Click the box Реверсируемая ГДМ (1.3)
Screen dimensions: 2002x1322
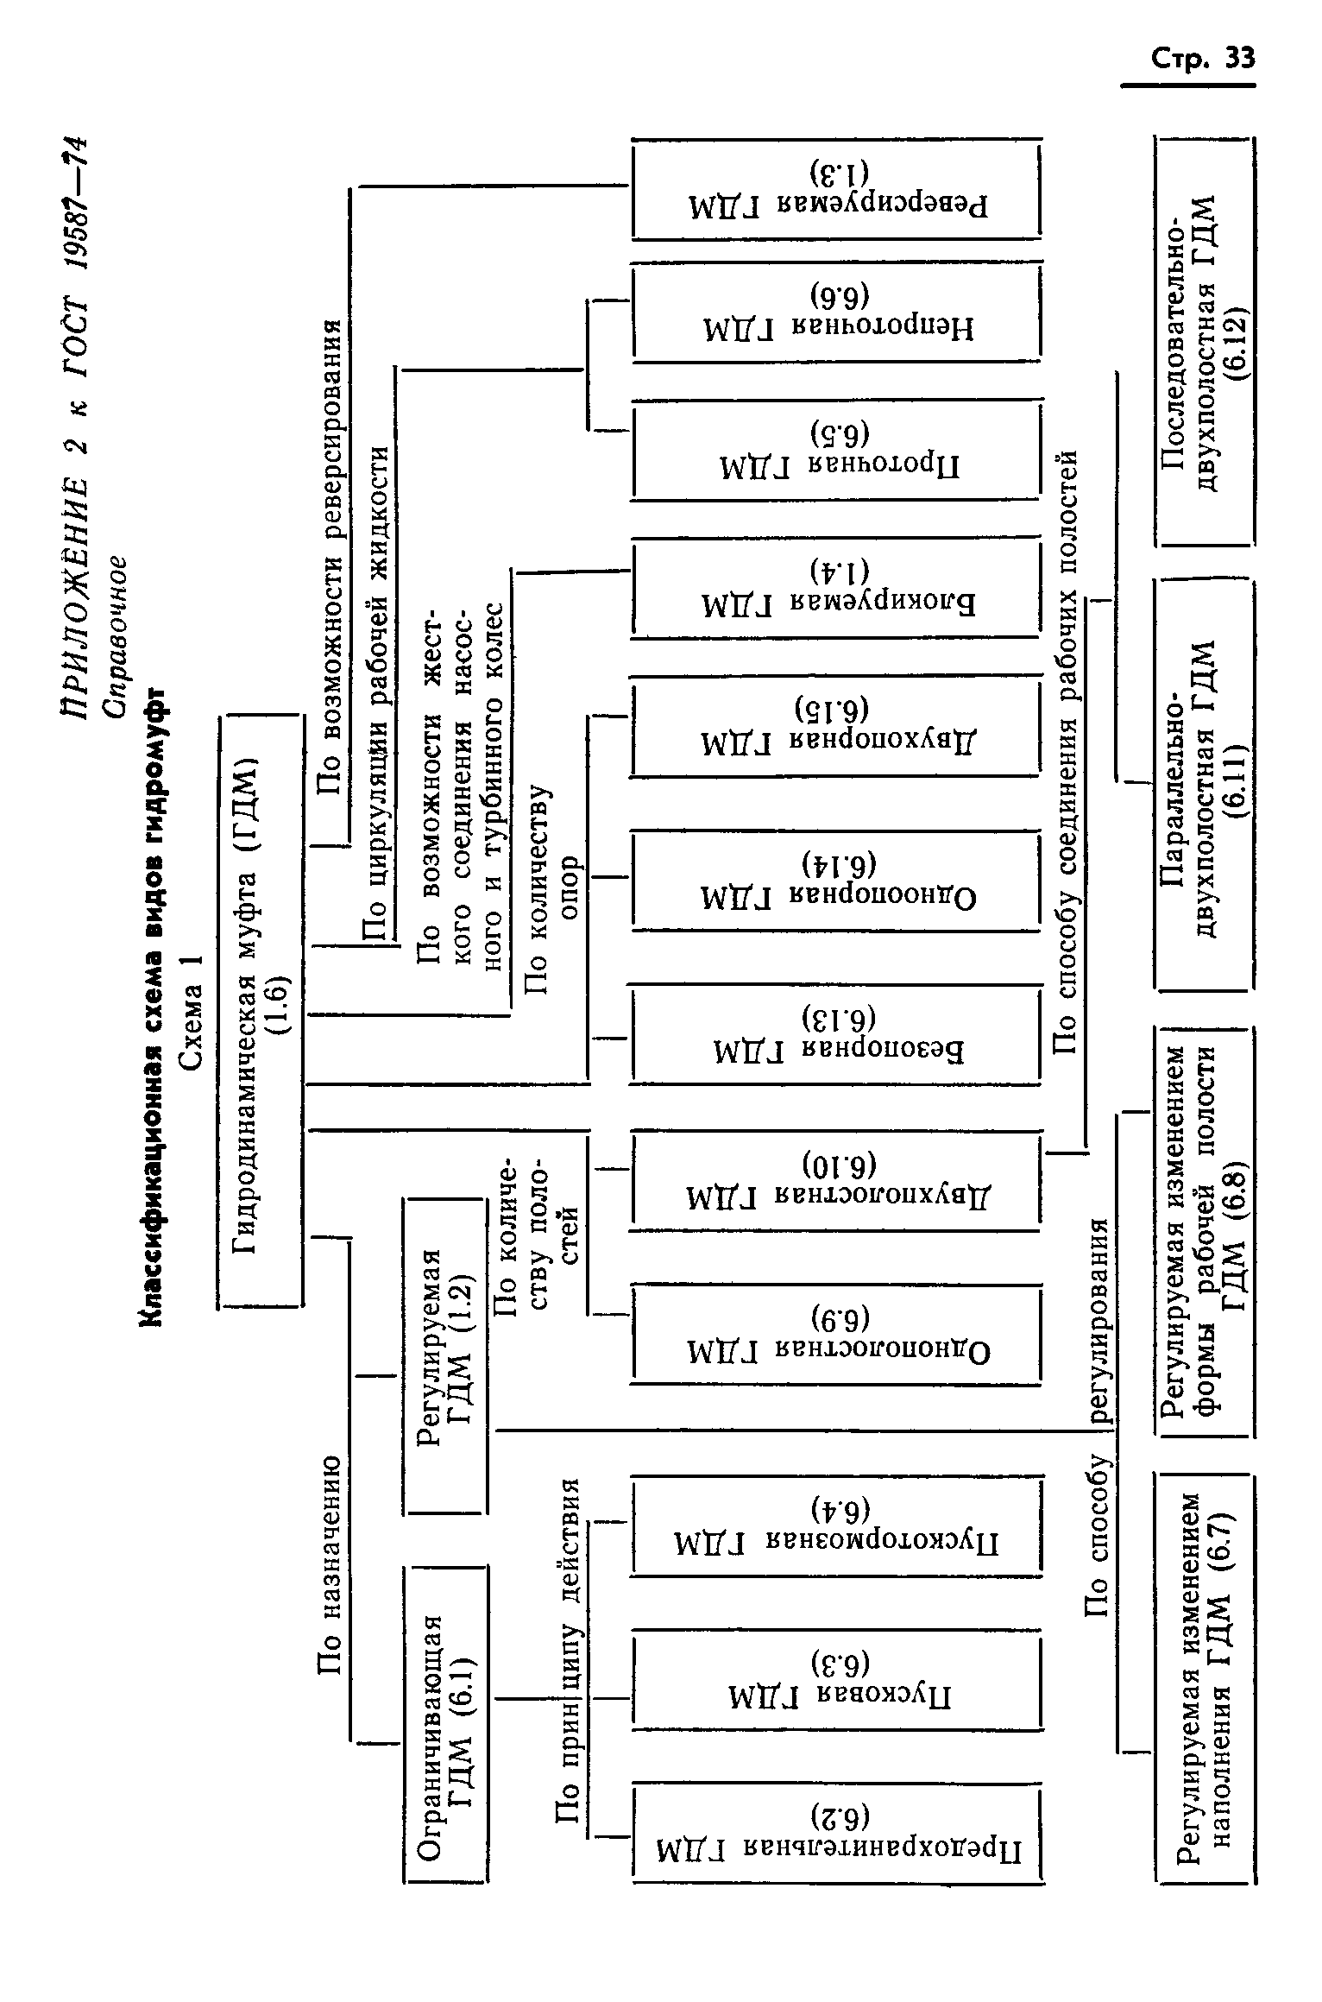tap(836, 190)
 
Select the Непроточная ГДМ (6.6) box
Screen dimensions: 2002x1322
tap(836, 312)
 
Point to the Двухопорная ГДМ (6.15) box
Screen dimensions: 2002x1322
tap(836, 725)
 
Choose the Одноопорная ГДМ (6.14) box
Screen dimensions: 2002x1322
tap(836, 881)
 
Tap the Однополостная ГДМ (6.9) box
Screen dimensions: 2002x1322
tap(836, 1334)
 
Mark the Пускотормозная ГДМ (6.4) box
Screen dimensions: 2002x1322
tap(836, 1526)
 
